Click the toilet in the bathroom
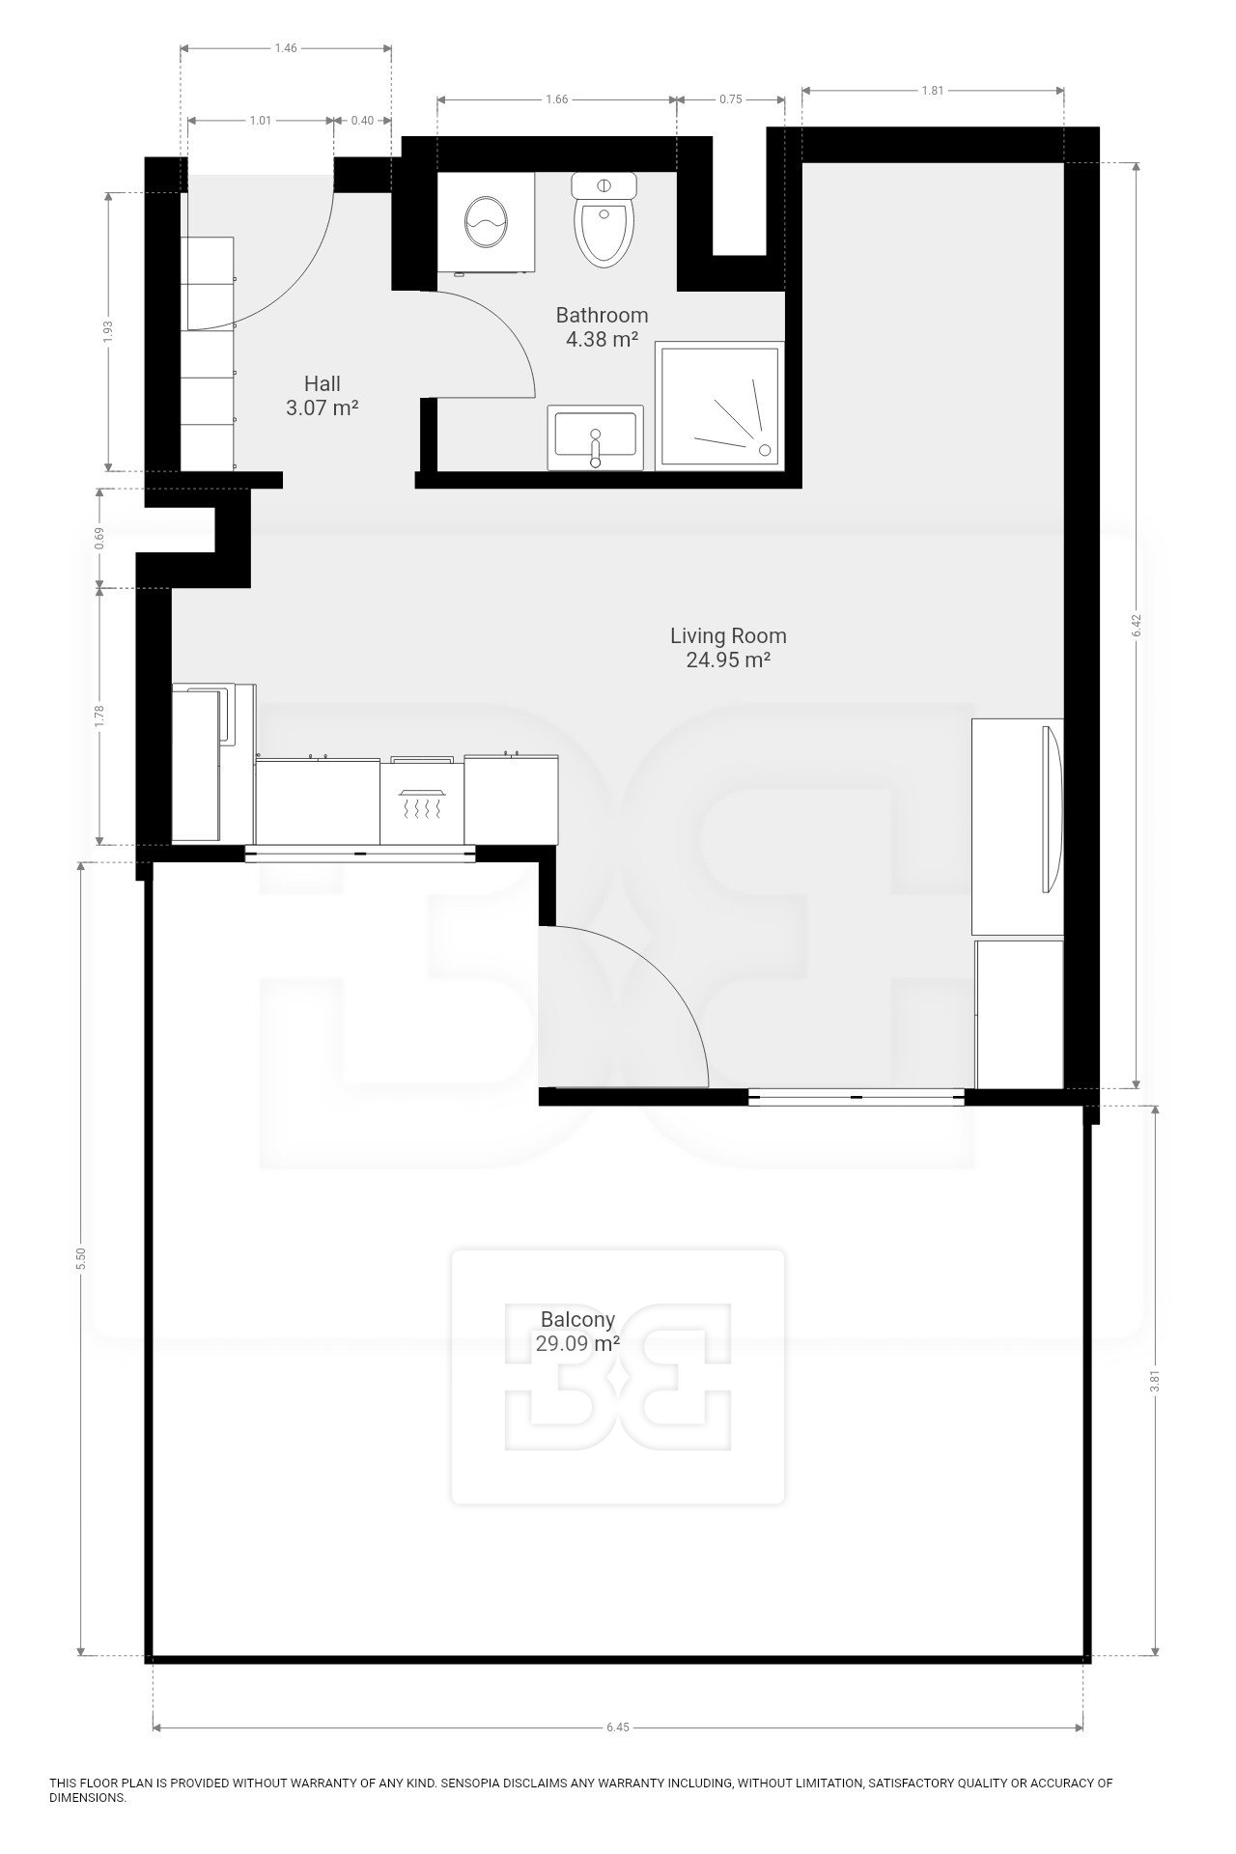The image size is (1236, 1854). coord(604,219)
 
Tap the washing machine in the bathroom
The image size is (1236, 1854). coord(488,223)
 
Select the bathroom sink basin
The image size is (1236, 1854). coord(596,437)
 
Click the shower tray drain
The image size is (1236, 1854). coord(765,449)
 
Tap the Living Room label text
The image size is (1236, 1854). coord(728,636)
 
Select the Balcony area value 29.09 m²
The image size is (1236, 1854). coord(577,1342)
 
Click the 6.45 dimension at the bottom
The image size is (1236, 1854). coord(618,1728)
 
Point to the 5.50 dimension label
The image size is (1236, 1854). coord(82,1258)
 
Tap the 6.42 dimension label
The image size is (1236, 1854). coord(1137,626)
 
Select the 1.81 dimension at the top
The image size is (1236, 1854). coord(932,91)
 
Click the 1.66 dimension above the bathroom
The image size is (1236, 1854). coord(556,98)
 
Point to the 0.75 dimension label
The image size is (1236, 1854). coord(730,98)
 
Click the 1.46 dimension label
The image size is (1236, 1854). coord(286,47)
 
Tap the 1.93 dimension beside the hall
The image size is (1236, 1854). coord(108,331)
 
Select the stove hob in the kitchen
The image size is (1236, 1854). coord(422,801)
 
